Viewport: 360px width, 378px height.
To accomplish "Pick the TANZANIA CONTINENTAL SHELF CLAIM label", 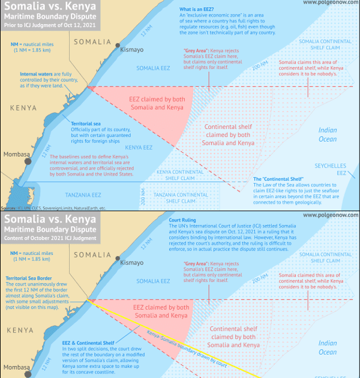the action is click(x=181, y=199).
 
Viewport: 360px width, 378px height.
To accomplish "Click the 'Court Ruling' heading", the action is click(x=185, y=220).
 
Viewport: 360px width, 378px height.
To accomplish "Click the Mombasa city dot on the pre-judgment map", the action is click(x=34, y=155).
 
